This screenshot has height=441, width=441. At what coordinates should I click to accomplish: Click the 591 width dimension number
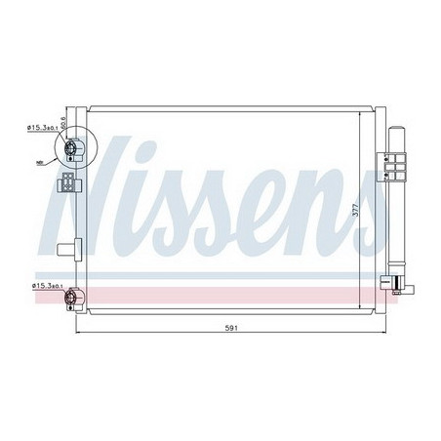click(226, 328)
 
